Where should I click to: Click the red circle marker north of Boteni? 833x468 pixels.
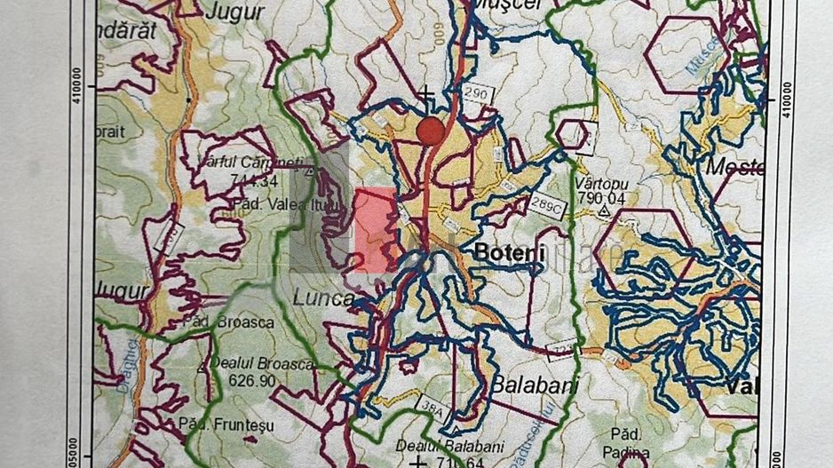431,131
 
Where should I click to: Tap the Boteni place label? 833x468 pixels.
509,252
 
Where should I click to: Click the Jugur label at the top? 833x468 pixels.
234,12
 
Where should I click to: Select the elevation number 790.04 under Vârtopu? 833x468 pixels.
600,198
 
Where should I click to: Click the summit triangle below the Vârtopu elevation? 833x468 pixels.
604,212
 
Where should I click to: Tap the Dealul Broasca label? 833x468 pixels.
263,364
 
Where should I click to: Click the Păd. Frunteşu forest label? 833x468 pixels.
220,424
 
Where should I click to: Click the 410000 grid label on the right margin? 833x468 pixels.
786,93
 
